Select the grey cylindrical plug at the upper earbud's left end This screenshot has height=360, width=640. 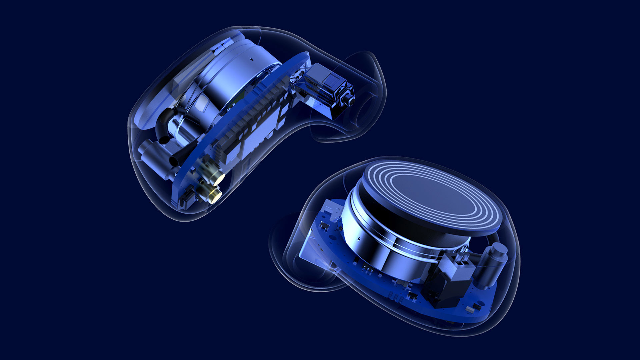pos(147,150)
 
